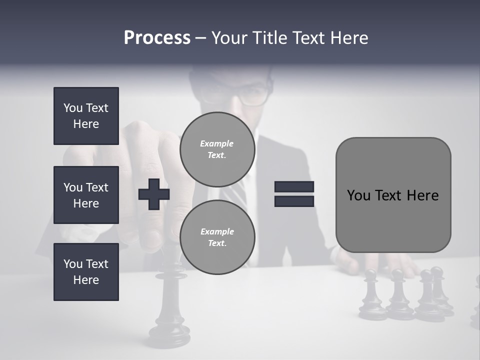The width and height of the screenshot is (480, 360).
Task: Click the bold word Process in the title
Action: pyautogui.click(x=157, y=38)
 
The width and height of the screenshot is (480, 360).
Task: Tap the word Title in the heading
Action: pyautogui.click(x=268, y=38)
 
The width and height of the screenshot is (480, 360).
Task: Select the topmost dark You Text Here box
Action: pyautogui.click(x=86, y=116)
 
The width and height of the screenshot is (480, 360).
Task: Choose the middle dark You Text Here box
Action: pyautogui.click(x=86, y=195)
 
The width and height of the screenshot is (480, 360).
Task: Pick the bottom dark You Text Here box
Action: pyautogui.click(x=86, y=272)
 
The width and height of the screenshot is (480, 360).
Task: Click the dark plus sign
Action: pyautogui.click(x=154, y=194)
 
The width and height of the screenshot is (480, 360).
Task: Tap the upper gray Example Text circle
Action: pyautogui.click(x=217, y=149)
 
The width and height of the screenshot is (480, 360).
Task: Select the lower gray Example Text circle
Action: pyautogui.click(x=217, y=237)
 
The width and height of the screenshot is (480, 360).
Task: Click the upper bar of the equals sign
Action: pyautogui.click(x=294, y=186)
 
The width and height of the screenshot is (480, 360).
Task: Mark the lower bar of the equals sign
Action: pyautogui.click(x=294, y=201)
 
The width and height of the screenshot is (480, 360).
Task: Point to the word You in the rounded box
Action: pyautogui.click(x=358, y=195)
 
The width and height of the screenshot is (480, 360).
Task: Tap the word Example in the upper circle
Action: pyautogui.click(x=217, y=144)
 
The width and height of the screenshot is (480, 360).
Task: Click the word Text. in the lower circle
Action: pyautogui.click(x=217, y=243)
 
